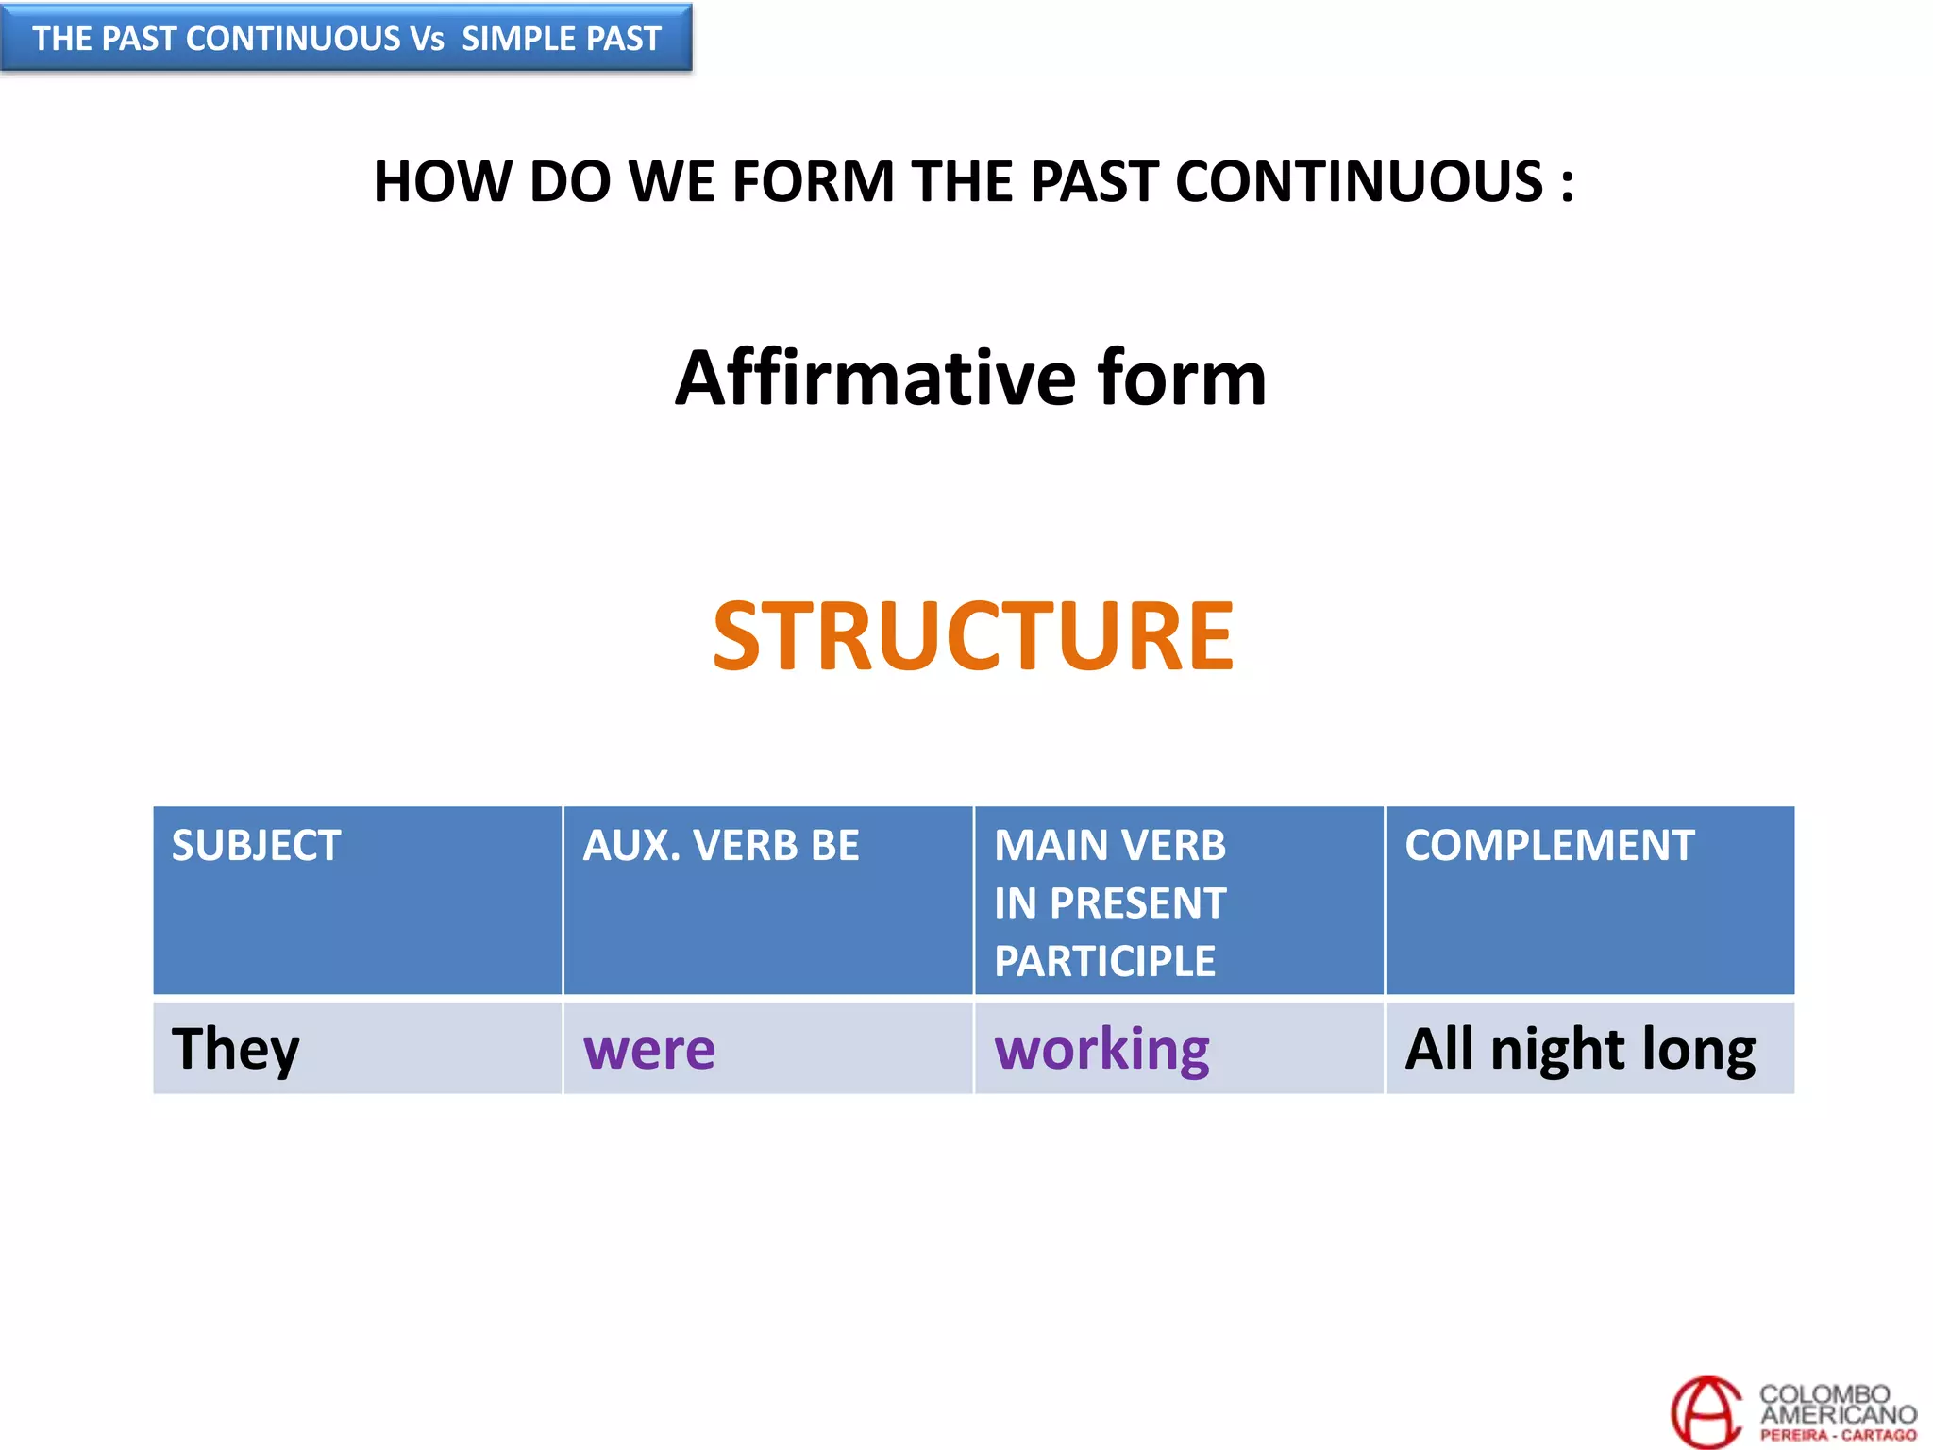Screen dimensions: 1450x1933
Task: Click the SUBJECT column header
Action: point(256,845)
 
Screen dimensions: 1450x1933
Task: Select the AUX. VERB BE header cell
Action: point(721,845)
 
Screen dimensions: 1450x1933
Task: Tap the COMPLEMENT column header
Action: point(1550,845)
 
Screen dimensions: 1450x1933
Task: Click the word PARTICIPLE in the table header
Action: point(1104,961)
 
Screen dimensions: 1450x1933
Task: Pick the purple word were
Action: point(649,1049)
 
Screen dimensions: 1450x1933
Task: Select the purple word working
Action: point(1101,1049)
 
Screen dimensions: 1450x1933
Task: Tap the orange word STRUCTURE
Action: point(972,637)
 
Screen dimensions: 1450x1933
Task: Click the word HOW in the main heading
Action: point(442,181)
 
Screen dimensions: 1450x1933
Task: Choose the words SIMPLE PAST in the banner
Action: point(562,39)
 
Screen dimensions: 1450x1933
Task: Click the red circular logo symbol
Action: point(1706,1412)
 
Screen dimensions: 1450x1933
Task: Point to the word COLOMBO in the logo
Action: point(1824,1394)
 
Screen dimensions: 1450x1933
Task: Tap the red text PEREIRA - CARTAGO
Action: point(1838,1435)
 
